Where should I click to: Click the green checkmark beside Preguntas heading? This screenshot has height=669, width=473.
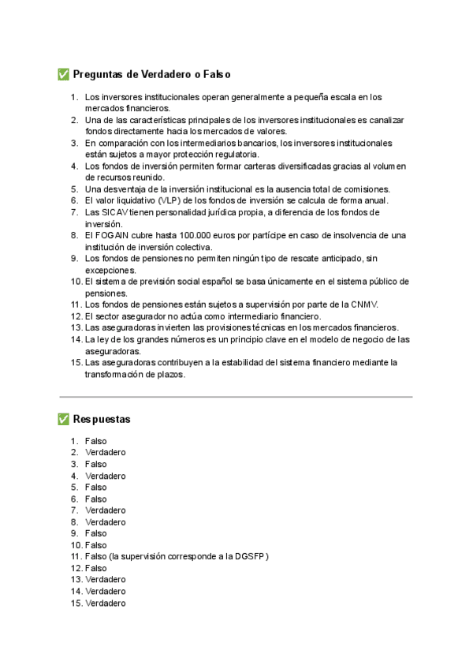pyautogui.click(x=64, y=75)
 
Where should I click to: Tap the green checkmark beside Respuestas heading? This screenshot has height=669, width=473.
pyautogui.click(x=64, y=419)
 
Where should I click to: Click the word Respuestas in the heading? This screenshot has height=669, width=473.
pyautogui.click(x=102, y=419)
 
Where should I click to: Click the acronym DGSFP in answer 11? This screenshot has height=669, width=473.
pyautogui.click(x=250, y=557)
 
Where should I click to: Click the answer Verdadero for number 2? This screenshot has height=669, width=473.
pyautogui.click(x=106, y=453)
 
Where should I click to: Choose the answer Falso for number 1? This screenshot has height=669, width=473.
pyautogui.click(x=96, y=441)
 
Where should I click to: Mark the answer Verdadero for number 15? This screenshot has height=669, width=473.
pyautogui.click(x=106, y=604)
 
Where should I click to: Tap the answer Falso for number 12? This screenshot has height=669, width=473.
pyautogui.click(x=96, y=568)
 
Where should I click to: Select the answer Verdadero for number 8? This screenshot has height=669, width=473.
pyautogui.click(x=106, y=521)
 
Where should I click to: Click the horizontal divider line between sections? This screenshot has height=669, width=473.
pyautogui.click(x=236, y=397)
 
